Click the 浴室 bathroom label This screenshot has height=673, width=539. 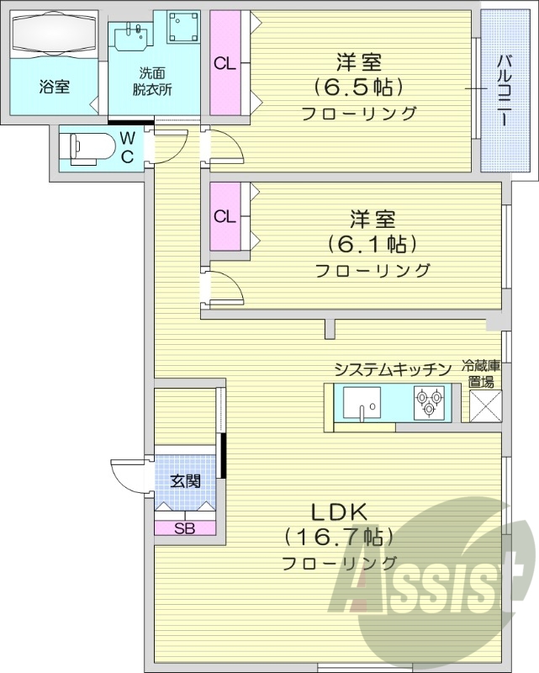[53, 86]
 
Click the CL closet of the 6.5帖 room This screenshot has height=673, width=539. [224, 63]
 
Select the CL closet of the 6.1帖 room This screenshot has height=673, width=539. [224, 216]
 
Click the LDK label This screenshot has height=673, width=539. [340, 511]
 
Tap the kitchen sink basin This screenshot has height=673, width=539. [361, 403]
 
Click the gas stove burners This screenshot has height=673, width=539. [431, 401]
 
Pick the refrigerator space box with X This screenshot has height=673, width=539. [485, 405]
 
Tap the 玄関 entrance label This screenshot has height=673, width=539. [184, 481]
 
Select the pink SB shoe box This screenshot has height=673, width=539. [185, 528]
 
